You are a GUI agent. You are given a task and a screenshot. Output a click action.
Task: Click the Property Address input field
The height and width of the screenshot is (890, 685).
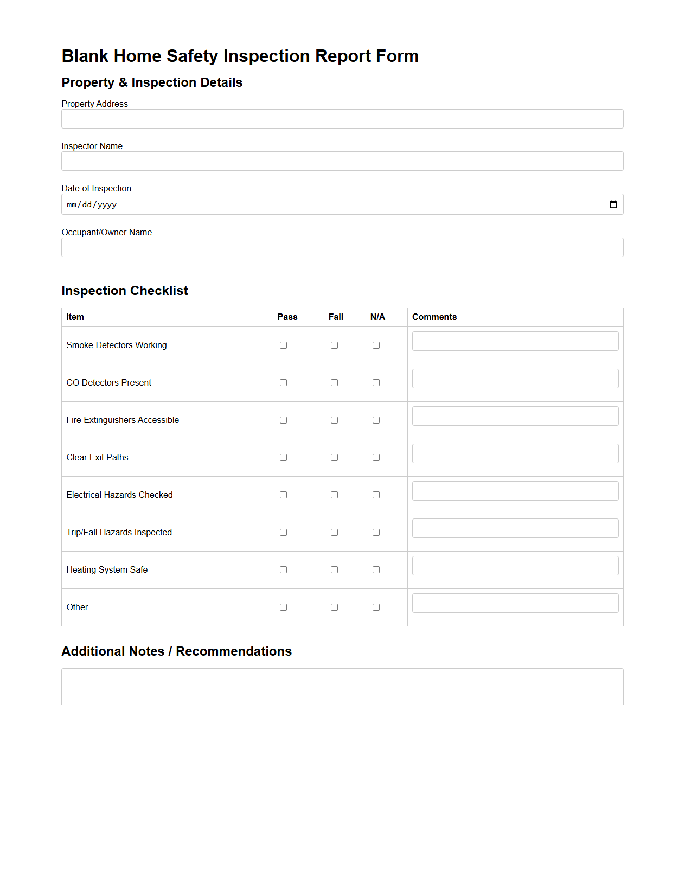point(342,119)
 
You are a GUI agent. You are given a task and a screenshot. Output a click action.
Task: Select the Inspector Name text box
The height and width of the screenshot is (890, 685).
point(342,161)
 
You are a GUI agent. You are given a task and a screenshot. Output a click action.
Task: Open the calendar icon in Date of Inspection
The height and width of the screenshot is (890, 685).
point(613,204)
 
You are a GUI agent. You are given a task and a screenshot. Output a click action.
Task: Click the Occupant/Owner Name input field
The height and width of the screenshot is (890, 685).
point(342,247)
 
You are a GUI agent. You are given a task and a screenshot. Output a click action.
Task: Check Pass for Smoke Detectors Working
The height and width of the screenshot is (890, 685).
point(283,345)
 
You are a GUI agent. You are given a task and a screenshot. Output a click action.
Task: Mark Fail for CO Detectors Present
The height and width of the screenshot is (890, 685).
point(334,383)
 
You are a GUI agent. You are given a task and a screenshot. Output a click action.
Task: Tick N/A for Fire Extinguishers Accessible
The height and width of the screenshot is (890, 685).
point(376,420)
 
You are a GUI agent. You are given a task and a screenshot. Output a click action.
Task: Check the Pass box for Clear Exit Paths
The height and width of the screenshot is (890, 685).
point(283,458)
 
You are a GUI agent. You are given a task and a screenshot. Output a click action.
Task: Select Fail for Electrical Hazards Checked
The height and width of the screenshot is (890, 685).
point(334,495)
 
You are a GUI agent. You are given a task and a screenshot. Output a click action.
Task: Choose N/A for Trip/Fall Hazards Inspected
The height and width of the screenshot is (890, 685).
point(376,533)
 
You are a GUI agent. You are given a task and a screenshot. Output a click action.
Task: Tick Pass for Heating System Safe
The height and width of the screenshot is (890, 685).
point(283,570)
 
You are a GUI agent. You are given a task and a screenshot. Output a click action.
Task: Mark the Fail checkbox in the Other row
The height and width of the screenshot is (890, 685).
point(334,607)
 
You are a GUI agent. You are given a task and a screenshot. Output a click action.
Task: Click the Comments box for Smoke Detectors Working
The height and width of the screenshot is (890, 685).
point(515,341)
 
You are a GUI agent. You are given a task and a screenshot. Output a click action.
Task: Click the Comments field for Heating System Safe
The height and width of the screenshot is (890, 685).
point(515,566)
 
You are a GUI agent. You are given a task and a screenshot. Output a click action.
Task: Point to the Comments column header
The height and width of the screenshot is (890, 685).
point(434,317)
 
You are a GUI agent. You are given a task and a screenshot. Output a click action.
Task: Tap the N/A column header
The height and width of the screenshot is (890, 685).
point(377,317)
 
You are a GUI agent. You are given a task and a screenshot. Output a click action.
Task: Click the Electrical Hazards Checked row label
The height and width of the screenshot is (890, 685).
point(119,495)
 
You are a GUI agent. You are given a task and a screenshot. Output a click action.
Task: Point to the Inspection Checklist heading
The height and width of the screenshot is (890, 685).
point(125,291)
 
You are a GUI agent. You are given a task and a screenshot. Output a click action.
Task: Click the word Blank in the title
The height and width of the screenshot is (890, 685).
point(85,56)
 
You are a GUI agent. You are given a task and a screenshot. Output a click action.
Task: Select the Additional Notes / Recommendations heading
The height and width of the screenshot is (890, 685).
point(176,651)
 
